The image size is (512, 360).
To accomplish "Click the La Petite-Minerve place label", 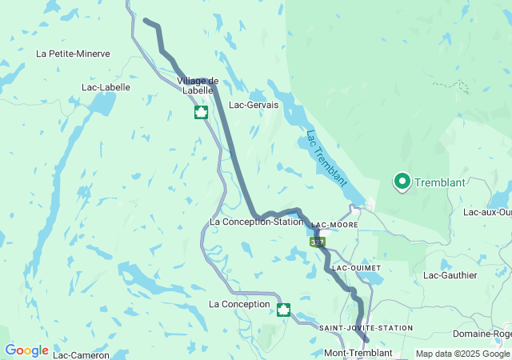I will pyautogui.click(x=73, y=54).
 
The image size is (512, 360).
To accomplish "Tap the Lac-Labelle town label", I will pyautogui.click(x=106, y=87).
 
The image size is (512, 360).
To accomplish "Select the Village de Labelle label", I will pyautogui.click(x=198, y=86).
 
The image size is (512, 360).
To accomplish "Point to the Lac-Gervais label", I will pyautogui.click(x=254, y=105).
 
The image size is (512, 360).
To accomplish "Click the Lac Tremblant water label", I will pyautogui.click(x=326, y=158).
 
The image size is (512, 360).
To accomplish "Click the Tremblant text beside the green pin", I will pyautogui.click(x=439, y=182).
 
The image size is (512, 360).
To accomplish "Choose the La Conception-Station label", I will pyautogui.click(x=256, y=222).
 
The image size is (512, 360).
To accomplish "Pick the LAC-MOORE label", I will pyautogui.click(x=334, y=226).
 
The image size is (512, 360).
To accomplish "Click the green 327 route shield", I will pyautogui.click(x=318, y=241).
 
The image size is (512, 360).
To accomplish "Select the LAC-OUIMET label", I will pyautogui.click(x=357, y=267).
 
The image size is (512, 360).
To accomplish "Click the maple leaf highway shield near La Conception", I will pyautogui.click(x=282, y=310).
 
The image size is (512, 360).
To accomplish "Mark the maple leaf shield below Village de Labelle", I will pyautogui.click(x=201, y=112).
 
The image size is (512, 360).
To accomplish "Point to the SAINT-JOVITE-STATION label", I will pyautogui.click(x=366, y=328).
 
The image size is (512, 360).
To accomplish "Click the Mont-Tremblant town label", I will pyautogui.click(x=358, y=353).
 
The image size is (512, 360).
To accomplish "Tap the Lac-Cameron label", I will pyautogui.click(x=81, y=354).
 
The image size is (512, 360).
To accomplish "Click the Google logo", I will pyautogui.click(x=26, y=350).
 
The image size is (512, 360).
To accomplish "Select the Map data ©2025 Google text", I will pyautogui.click(x=462, y=354).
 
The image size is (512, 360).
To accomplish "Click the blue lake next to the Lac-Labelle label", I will pyautogui.click(x=102, y=104).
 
